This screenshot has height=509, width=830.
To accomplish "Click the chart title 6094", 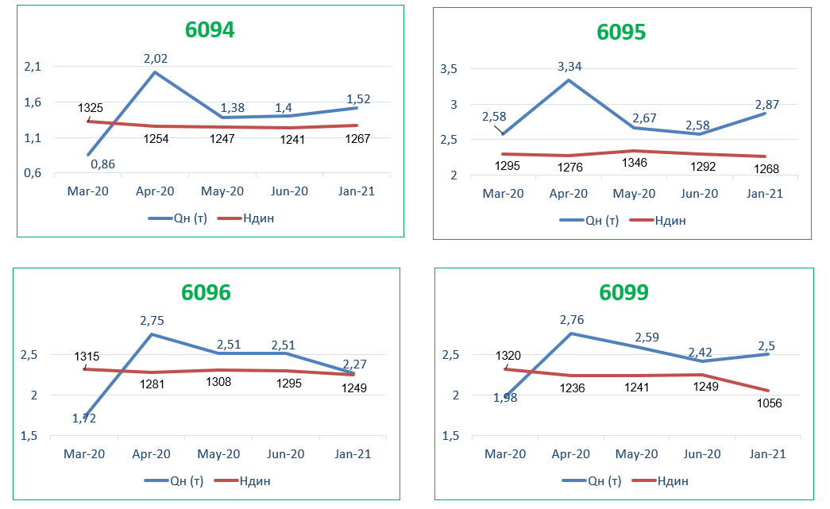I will click(210, 30).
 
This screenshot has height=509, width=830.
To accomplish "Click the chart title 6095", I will click(621, 32).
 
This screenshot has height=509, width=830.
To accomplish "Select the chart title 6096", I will click(206, 292).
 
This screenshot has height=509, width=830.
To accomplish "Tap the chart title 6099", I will click(623, 292).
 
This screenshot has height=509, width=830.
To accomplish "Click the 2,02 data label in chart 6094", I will click(156, 59).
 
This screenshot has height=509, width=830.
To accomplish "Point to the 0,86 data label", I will click(103, 164).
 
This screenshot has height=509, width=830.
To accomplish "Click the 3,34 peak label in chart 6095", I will click(569, 67).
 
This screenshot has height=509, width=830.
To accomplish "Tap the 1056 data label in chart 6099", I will click(768, 403).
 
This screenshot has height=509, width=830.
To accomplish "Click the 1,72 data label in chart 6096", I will click(83, 418).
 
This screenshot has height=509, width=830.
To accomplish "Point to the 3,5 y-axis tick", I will click(448, 69).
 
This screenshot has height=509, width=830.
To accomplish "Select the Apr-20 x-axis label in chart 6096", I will click(151, 454).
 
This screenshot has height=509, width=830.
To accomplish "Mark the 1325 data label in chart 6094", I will click(91, 107).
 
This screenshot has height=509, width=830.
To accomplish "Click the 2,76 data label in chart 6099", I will click(571, 320).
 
